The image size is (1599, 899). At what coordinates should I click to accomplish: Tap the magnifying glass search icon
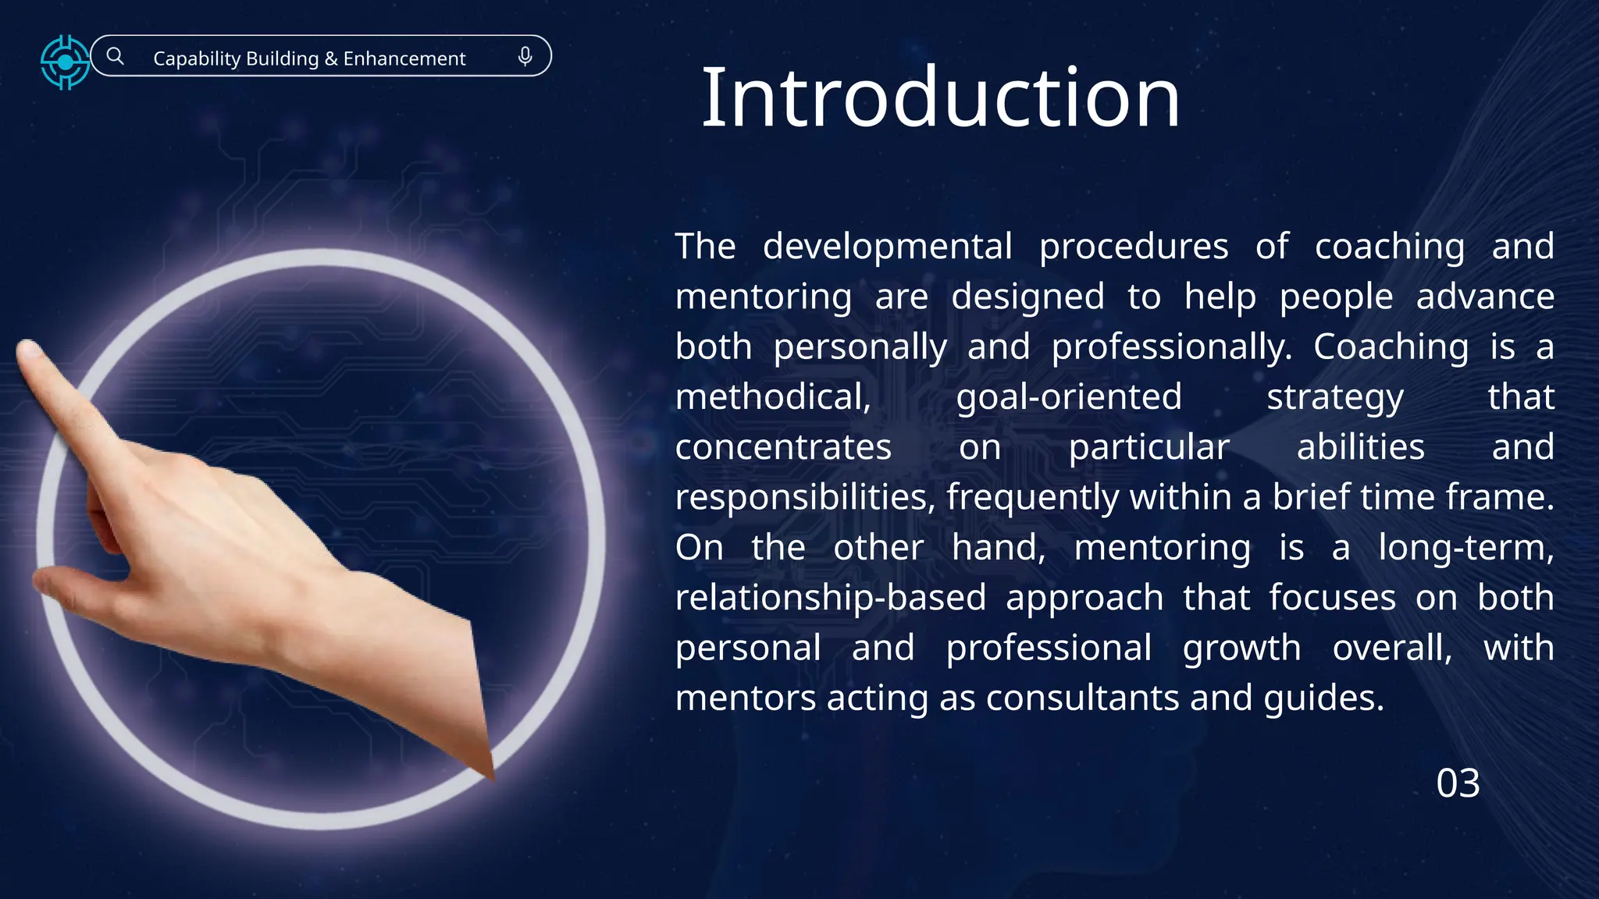116,56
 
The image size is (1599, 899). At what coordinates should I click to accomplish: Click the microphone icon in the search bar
525,56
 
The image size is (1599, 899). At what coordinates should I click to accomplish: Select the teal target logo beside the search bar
65,62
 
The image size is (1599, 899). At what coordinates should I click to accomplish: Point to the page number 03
1458,783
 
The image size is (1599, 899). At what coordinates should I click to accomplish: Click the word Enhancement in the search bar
404,59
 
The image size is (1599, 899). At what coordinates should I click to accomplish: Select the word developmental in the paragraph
887,247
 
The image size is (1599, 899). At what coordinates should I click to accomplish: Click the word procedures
1134,247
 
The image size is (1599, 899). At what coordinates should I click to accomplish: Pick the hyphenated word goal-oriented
1069,397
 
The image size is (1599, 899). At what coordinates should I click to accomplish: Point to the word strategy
1335,397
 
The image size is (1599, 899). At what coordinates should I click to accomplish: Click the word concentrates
783,447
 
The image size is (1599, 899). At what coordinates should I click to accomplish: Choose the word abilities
1361,447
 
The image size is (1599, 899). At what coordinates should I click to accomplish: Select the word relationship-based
831,598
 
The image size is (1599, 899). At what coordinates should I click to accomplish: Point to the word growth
1242,648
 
